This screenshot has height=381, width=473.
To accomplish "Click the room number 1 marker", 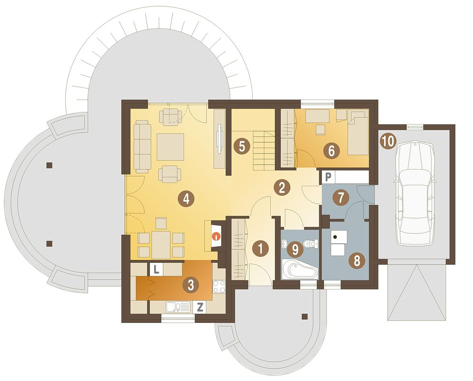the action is click(x=261, y=249).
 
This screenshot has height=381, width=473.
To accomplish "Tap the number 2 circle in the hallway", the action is click(x=282, y=188).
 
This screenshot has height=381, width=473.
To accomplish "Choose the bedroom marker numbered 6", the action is click(x=331, y=150).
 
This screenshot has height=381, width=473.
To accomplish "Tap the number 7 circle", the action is click(x=341, y=198).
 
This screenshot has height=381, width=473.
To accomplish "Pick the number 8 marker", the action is click(x=357, y=261).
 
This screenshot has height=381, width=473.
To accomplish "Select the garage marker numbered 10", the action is click(x=388, y=141).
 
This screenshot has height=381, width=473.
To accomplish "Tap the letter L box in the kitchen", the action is click(x=156, y=269).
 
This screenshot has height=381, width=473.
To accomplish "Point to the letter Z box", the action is click(x=199, y=307).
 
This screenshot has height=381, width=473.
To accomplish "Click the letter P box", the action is click(x=328, y=177).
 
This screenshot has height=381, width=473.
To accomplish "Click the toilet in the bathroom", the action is click(x=310, y=243).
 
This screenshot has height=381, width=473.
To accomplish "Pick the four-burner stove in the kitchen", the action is click(x=219, y=287).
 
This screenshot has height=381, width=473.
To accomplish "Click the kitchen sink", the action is click(x=178, y=307).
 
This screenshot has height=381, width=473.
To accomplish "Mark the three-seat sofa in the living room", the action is click(x=143, y=146).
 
